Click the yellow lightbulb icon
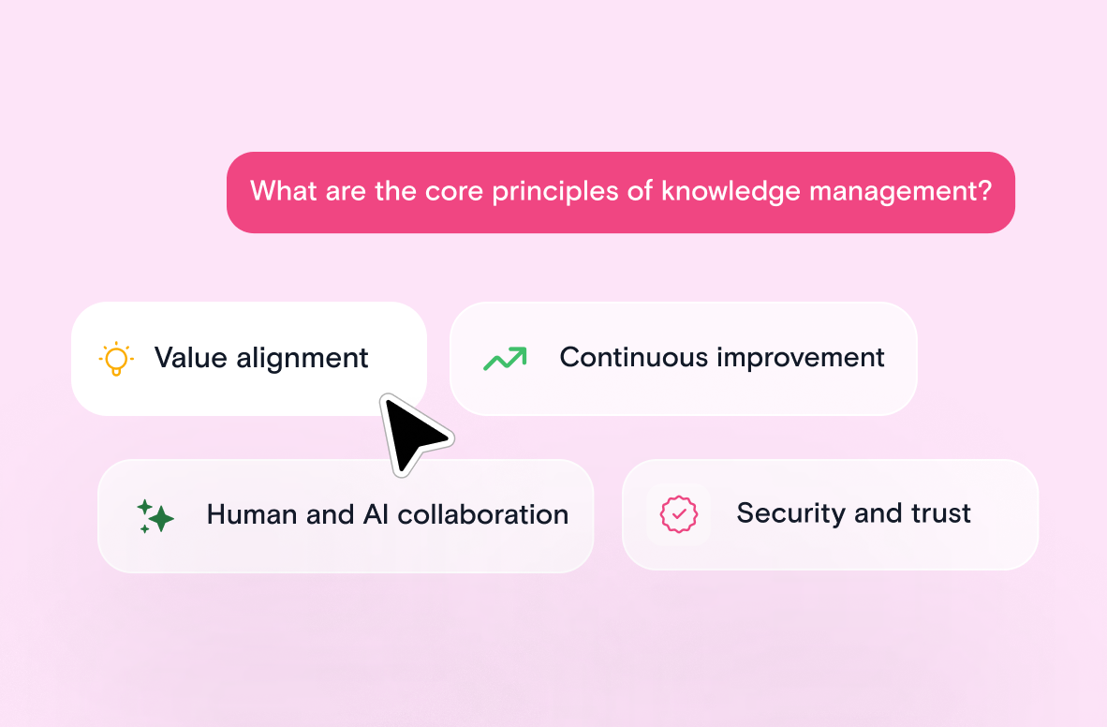[116, 358]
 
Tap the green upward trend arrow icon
[505, 359]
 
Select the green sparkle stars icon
[155, 516]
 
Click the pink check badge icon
[678, 513]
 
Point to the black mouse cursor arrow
[412, 433]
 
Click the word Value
[190, 358]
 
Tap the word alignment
[303, 359]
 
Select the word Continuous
[633, 358]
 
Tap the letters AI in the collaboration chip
[376, 514]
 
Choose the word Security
[790, 513]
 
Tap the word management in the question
[893, 192]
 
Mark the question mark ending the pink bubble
[985, 191]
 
